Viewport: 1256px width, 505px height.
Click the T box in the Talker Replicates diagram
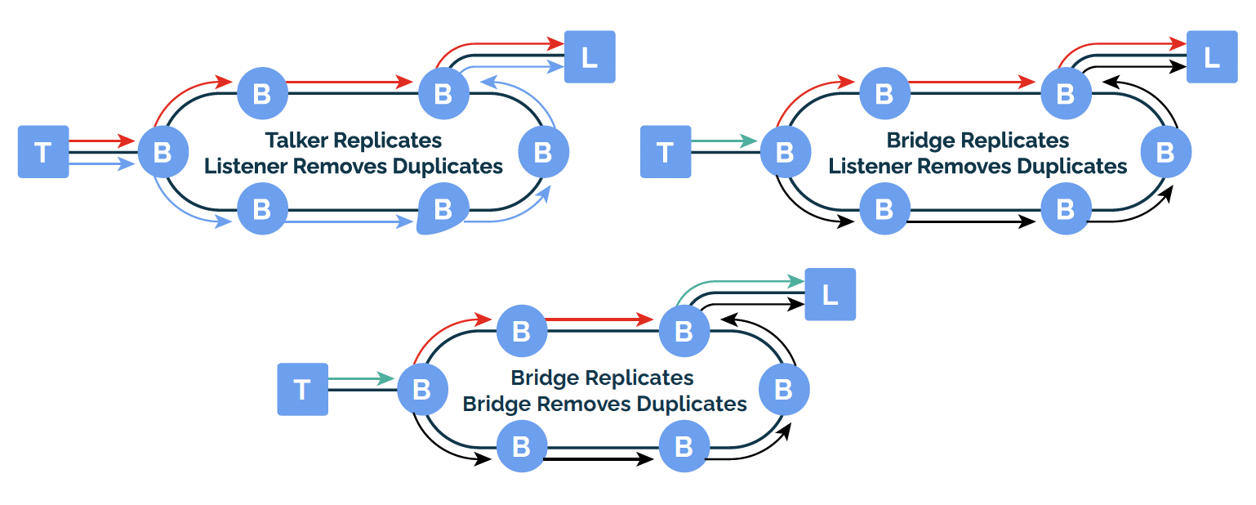coord(43,152)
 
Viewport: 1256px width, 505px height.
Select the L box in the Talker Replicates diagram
coord(590,57)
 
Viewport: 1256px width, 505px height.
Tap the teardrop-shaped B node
coord(443,209)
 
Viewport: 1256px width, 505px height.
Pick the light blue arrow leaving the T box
coord(101,164)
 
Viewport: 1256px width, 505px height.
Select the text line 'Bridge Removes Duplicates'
coord(604,404)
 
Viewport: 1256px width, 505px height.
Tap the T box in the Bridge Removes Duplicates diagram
coord(302,390)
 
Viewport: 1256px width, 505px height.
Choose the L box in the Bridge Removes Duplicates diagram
coord(830,294)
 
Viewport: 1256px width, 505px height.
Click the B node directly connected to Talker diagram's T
coord(163,152)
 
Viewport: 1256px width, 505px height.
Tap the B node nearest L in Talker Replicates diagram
coord(443,93)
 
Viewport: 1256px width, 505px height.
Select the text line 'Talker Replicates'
coord(354,141)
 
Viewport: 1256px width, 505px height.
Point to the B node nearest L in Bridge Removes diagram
coord(684,331)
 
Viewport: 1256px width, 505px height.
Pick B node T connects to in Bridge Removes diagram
coord(422,390)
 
